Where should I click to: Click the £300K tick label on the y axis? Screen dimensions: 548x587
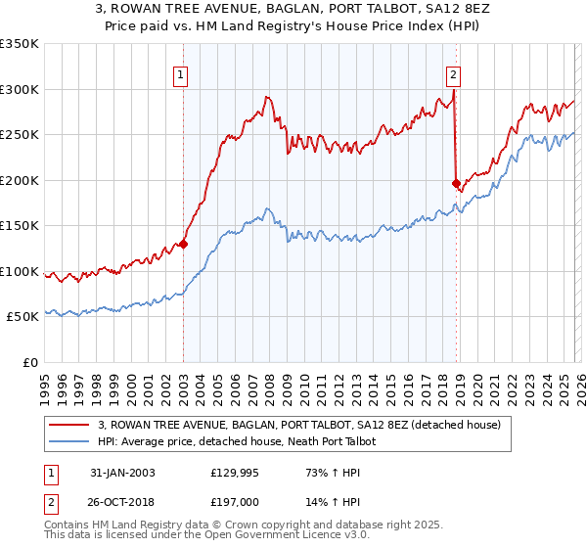(20, 89)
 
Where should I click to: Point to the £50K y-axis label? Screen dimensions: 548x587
(23, 317)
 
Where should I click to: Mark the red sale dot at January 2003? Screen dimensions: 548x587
(183, 245)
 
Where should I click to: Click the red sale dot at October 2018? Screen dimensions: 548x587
(456, 183)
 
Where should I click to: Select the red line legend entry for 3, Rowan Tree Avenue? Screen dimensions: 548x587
(299, 425)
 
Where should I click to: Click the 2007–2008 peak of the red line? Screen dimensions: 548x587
(266, 97)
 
